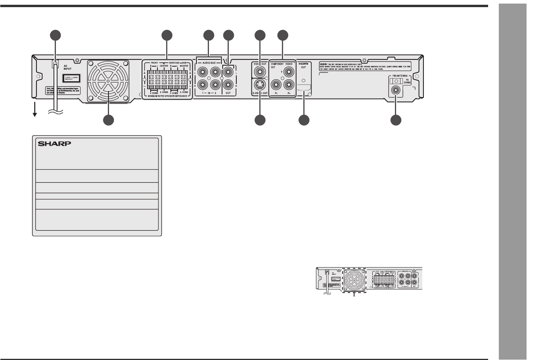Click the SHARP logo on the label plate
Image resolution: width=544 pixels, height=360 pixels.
[54, 144]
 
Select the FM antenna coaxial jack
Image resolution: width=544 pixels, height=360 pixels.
[395, 90]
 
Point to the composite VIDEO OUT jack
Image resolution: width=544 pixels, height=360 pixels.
[260, 72]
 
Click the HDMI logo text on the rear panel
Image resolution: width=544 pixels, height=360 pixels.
[303, 63]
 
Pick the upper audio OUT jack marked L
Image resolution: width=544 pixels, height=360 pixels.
[229, 72]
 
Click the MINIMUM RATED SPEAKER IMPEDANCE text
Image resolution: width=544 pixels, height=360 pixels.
[167, 96]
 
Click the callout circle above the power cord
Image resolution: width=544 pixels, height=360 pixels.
[56, 35]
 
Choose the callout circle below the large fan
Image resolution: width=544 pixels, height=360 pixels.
[108, 120]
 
